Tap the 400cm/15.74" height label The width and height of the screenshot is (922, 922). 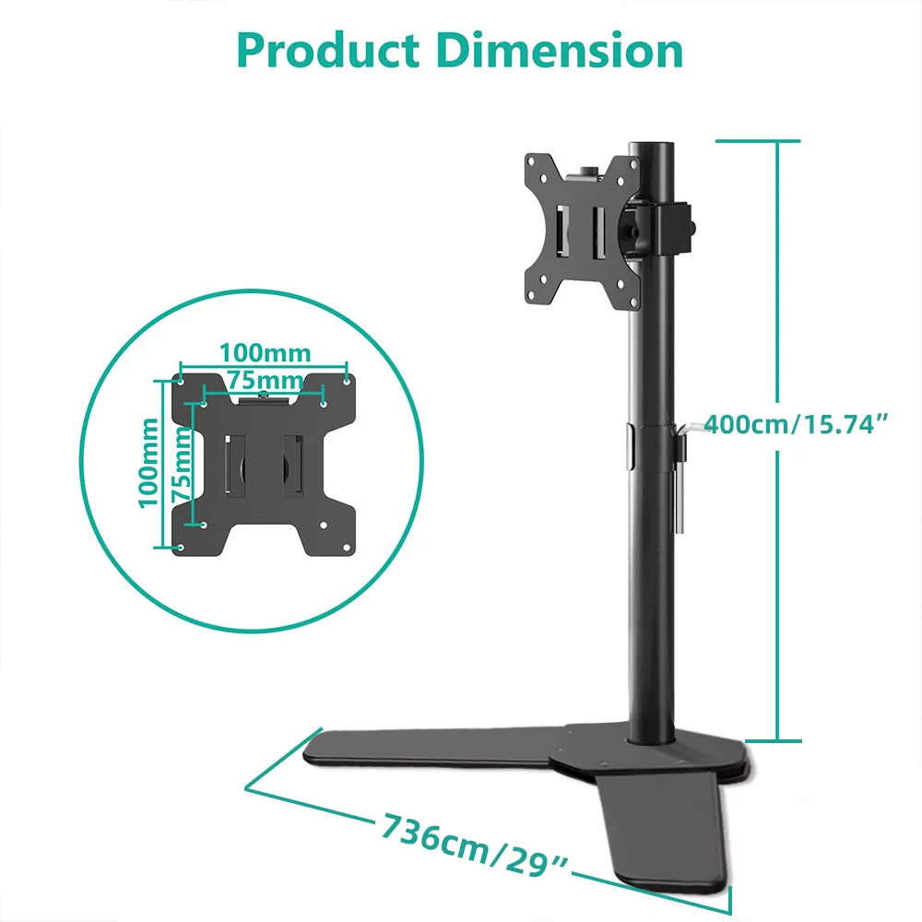point(798,425)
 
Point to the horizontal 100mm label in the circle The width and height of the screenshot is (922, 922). point(265,353)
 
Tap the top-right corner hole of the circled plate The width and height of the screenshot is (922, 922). point(347,379)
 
